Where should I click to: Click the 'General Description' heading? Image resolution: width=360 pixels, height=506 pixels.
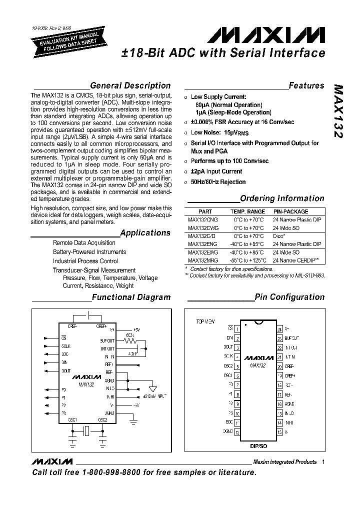click(130, 85)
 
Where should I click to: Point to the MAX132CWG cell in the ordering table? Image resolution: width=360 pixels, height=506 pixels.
click(203, 228)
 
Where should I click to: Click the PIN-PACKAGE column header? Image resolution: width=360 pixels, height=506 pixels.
click(290, 211)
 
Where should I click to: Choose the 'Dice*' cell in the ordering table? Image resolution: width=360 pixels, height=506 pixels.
click(279, 236)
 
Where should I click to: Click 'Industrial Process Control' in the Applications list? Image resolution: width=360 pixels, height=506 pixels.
click(85, 261)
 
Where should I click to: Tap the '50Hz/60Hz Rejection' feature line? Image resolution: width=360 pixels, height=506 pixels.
click(218, 182)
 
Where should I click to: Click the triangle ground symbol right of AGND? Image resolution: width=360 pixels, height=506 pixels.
click(152, 388)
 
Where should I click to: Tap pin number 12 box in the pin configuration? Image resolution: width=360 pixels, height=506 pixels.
click(237, 432)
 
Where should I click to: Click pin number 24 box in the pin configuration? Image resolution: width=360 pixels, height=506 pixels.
click(279, 329)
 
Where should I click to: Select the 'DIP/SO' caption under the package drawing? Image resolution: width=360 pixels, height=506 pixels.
click(258, 443)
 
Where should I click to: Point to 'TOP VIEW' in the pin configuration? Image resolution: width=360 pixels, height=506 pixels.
click(205, 322)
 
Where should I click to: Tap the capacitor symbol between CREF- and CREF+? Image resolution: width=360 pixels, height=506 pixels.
click(89, 315)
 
